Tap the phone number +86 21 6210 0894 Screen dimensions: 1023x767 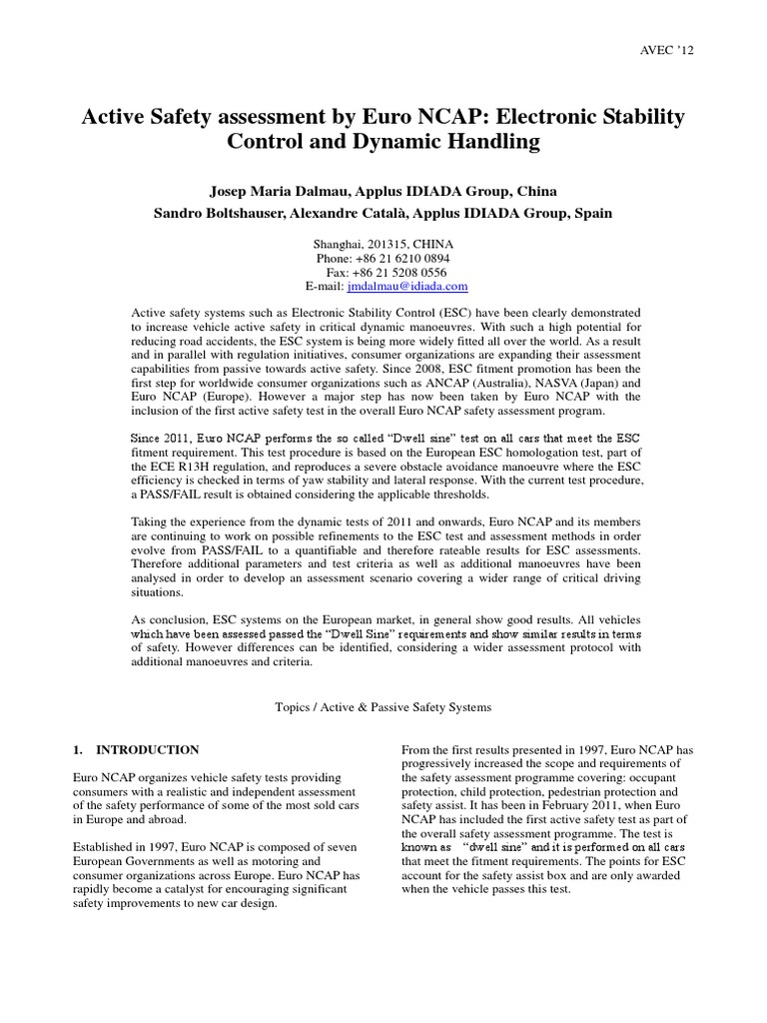pos(403,258)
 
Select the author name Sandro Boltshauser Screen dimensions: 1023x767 pos(244,212)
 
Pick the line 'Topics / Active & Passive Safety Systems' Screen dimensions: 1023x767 pos(383,705)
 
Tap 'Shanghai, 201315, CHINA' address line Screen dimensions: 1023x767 pos(383,244)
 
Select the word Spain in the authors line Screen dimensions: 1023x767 pos(587,212)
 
